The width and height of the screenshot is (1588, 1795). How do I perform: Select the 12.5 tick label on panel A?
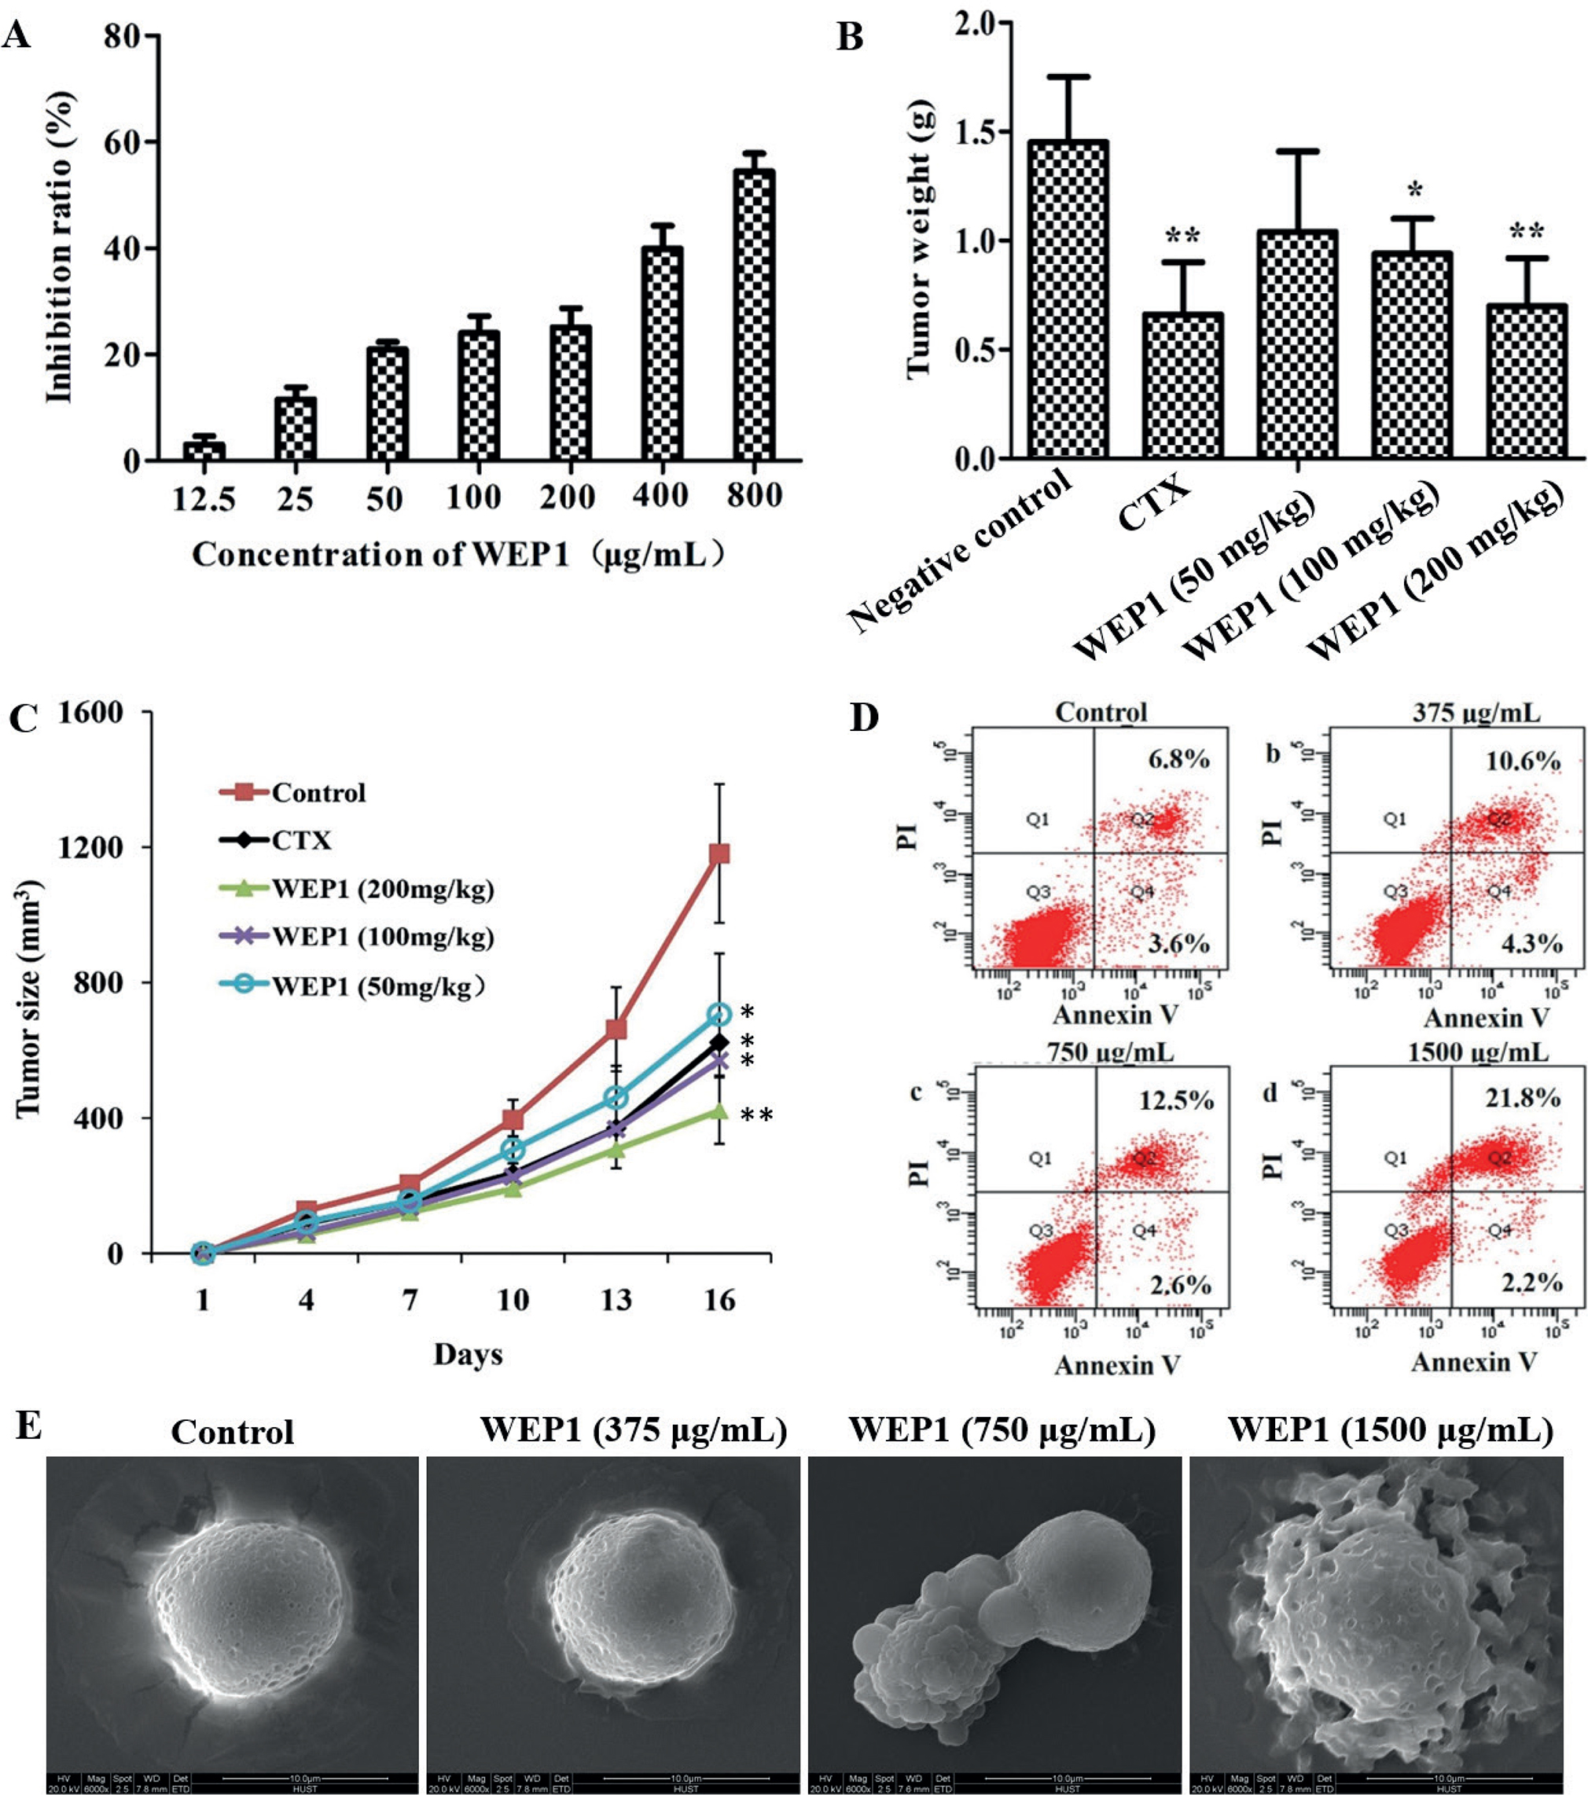204,499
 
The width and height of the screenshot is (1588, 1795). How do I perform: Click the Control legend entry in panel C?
317,792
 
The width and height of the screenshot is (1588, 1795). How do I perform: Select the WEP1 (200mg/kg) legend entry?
382,889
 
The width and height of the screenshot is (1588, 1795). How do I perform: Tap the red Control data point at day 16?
719,853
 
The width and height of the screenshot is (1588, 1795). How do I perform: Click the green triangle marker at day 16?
719,1111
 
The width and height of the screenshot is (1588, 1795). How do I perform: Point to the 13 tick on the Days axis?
616,1299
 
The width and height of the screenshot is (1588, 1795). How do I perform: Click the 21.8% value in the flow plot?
1522,1098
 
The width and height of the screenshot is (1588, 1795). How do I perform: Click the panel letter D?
864,718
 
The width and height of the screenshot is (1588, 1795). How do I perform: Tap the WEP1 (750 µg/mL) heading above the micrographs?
1002,1430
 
